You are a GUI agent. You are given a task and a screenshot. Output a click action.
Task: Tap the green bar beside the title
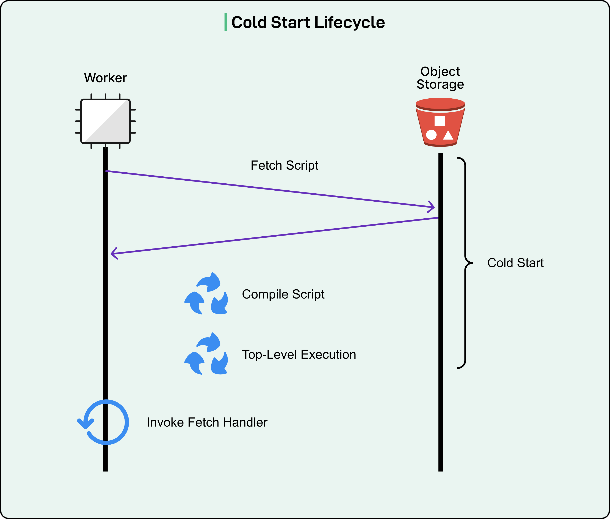point(226,22)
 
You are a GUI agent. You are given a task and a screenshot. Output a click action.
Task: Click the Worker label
point(105,78)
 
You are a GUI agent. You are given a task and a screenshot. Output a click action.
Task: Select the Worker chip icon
point(105,121)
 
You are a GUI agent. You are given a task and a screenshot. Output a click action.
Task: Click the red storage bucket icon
point(440,122)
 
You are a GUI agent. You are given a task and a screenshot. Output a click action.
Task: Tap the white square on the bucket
point(440,121)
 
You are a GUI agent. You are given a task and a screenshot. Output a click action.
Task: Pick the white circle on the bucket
point(431,135)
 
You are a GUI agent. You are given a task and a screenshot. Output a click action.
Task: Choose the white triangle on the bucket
point(448,135)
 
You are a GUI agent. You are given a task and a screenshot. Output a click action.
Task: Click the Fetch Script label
point(284,165)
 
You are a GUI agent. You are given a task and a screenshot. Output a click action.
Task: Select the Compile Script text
point(283,294)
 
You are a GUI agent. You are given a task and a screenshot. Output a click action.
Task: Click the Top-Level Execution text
point(299,354)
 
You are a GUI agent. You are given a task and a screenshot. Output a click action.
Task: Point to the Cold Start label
point(515,263)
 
